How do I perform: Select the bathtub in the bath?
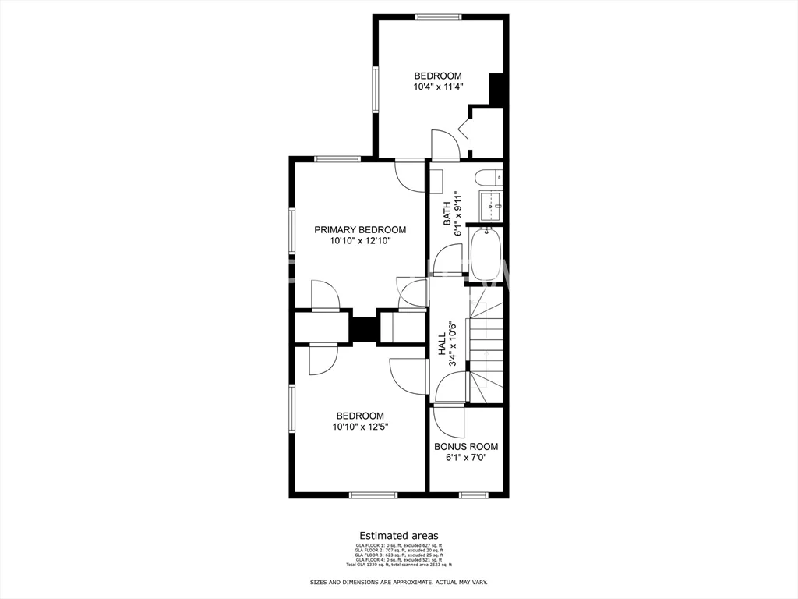click(486, 253)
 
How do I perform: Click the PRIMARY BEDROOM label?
click(360, 230)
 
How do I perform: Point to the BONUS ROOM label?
click(466, 447)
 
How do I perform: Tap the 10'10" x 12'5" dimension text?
click(360, 427)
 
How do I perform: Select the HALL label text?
click(442, 345)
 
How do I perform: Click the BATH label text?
click(447, 214)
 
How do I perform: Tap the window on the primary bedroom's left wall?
click(292, 231)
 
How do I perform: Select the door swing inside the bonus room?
click(449, 421)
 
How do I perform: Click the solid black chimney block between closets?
click(362, 327)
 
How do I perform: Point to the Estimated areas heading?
click(399, 536)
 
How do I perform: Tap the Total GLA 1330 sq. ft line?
click(399, 565)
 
